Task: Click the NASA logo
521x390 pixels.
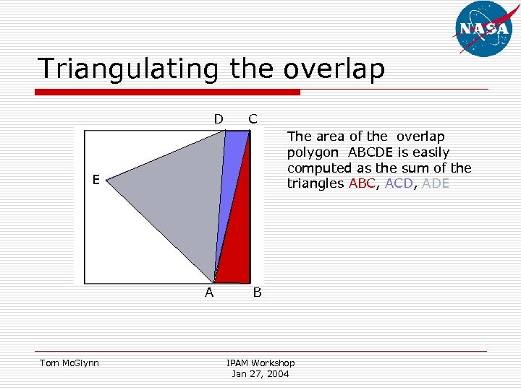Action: click(x=484, y=29)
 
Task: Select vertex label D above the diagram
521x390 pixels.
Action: click(x=218, y=118)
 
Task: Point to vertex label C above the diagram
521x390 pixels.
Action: click(x=253, y=118)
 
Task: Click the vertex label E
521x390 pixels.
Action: click(x=95, y=179)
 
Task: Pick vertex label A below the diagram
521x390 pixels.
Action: click(x=209, y=292)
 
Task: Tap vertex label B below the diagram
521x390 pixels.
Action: click(x=257, y=292)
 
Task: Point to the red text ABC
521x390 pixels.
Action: click(x=363, y=184)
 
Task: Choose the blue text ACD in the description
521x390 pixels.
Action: click(x=399, y=184)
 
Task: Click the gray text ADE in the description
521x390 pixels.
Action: click(x=436, y=184)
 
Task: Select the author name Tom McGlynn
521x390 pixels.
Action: click(x=69, y=363)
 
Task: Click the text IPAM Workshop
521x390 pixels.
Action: click(x=260, y=363)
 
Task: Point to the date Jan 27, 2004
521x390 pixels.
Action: click(x=260, y=373)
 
